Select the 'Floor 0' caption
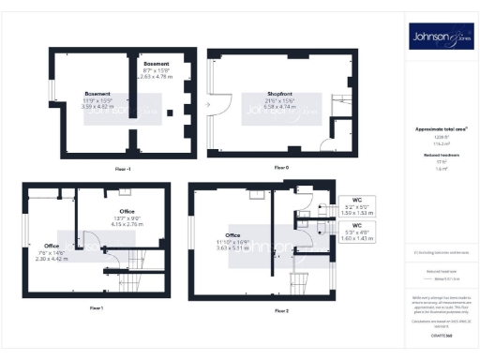tap(280, 167)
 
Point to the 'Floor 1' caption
tap(96, 307)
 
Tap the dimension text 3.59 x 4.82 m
tap(98, 108)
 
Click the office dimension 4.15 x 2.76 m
tap(127, 225)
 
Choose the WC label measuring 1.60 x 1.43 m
tap(356, 239)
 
